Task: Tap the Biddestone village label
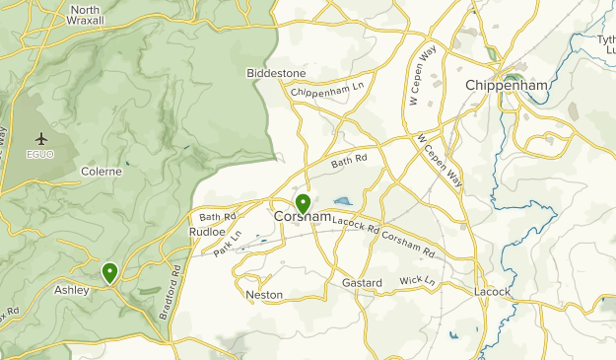(x=276, y=73)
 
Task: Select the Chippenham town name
(x=507, y=86)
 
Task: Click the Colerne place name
(x=102, y=171)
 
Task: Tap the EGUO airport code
(x=40, y=155)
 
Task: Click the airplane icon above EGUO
(x=40, y=138)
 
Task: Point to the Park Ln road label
(x=228, y=244)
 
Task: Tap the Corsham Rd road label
(x=408, y=241)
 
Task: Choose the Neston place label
(x=264, y=295)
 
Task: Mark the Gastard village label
(x=362, y=283)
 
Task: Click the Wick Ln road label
(x=417, y=282)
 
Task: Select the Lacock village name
(x=492, y=292)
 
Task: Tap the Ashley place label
(x=72, y=290)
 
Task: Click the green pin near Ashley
(x=109, y=271)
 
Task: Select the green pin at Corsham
(x=303, y=203)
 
